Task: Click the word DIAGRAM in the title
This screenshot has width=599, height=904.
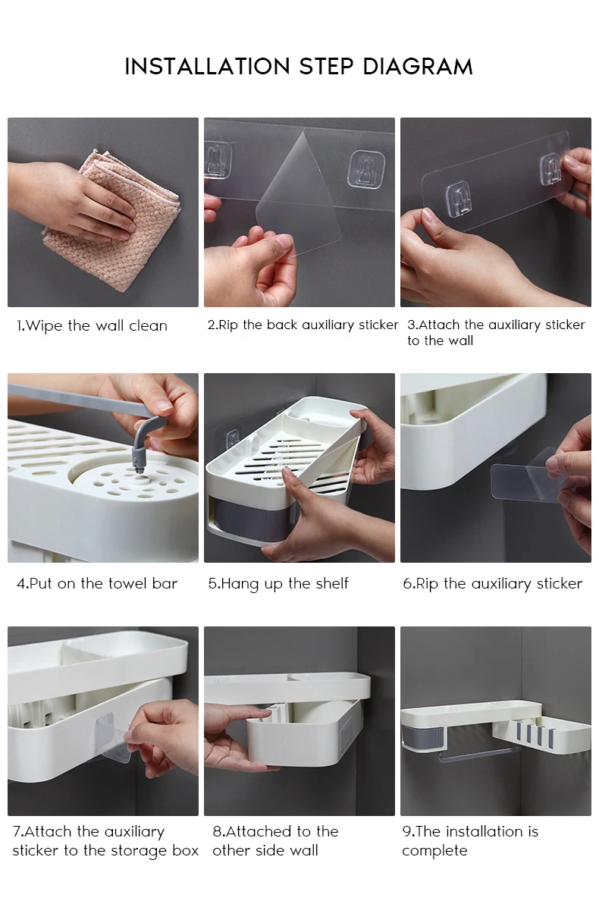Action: [417, 67]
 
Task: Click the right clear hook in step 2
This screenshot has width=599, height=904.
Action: [367, 170]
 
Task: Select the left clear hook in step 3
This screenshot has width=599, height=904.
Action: [457, 198]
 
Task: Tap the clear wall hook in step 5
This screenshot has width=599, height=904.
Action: [233, 438]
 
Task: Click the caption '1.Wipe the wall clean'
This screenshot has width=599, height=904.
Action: [93, 326]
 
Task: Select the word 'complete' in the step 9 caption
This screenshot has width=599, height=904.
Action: [434, 851]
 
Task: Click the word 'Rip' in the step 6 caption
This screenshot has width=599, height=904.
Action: [427, 584]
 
